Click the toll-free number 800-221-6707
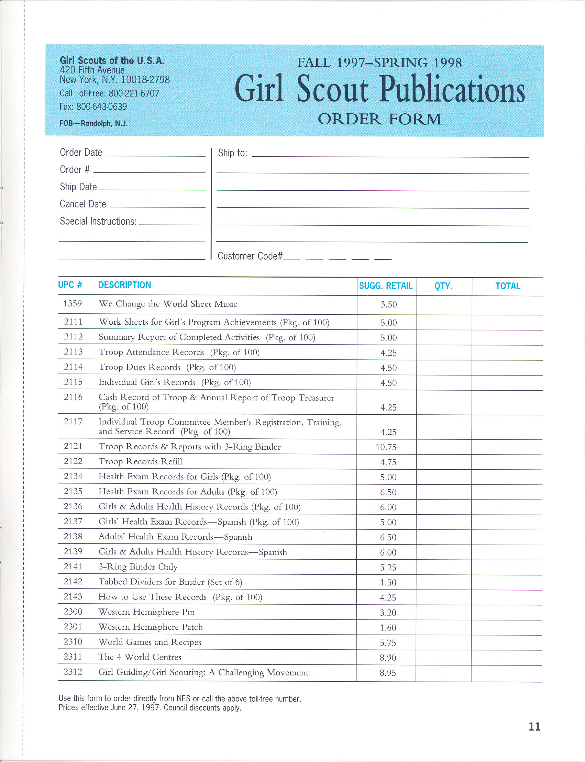tap(134, 93)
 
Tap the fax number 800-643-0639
tap(101, 107)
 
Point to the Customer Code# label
tap(250, 256)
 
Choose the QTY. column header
tap(443, 286)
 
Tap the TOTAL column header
tap(508, 286)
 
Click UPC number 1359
tap(73, 304)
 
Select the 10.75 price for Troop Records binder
tap(386, 447)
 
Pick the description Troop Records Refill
tap(140, 461)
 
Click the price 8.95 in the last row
tap(388, 673)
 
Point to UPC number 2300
tap(73, 612)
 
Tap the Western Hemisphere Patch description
tap(151, 627)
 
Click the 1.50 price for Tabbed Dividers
tap(388, 582)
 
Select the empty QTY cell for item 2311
tap(443, 658)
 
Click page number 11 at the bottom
tap(534, 727)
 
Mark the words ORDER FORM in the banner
tap(379, 119)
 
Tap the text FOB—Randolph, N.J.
tap(93, 124)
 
